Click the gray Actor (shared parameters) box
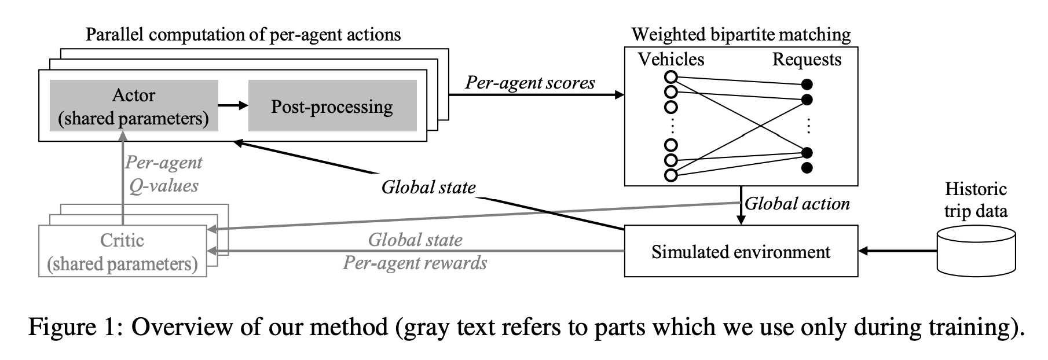click(134, 106)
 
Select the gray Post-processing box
click(332, 106)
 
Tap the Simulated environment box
click(741, 251)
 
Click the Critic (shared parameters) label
click(122, 252)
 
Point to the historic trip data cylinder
click(976, 251)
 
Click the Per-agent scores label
click(530, 83)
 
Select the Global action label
click(797, 204)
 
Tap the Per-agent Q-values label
click(164, 174)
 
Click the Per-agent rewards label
click(415, 263)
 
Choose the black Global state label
click(428, 187)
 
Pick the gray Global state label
click(415, 240)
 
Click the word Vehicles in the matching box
click(671, 59)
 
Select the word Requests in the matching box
click(807, 59)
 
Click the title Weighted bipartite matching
click(741, 34)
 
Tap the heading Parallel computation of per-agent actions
click(243, 34)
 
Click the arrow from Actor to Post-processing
click(233, 105)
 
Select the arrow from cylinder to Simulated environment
click(897, 251)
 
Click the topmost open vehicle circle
click(671, 77)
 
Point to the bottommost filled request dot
click(807, 168)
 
